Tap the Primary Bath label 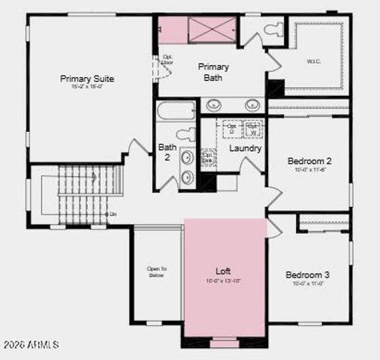tap(214, 72)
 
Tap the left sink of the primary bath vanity tap(214, 104)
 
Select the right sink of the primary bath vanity tap(253, 104)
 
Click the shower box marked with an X tap(211, 31)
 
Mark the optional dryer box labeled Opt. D tap(231, 130)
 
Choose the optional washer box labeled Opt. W tap(253, 130)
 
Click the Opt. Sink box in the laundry tap(208, 158)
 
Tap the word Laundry tap(245, 148)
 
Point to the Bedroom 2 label tap(309, 160)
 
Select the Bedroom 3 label tap(307, 275)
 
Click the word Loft tap(223, 271)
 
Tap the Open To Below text tap(156, 271)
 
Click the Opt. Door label tap(167, 60)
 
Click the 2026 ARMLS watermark tap(31, 344)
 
